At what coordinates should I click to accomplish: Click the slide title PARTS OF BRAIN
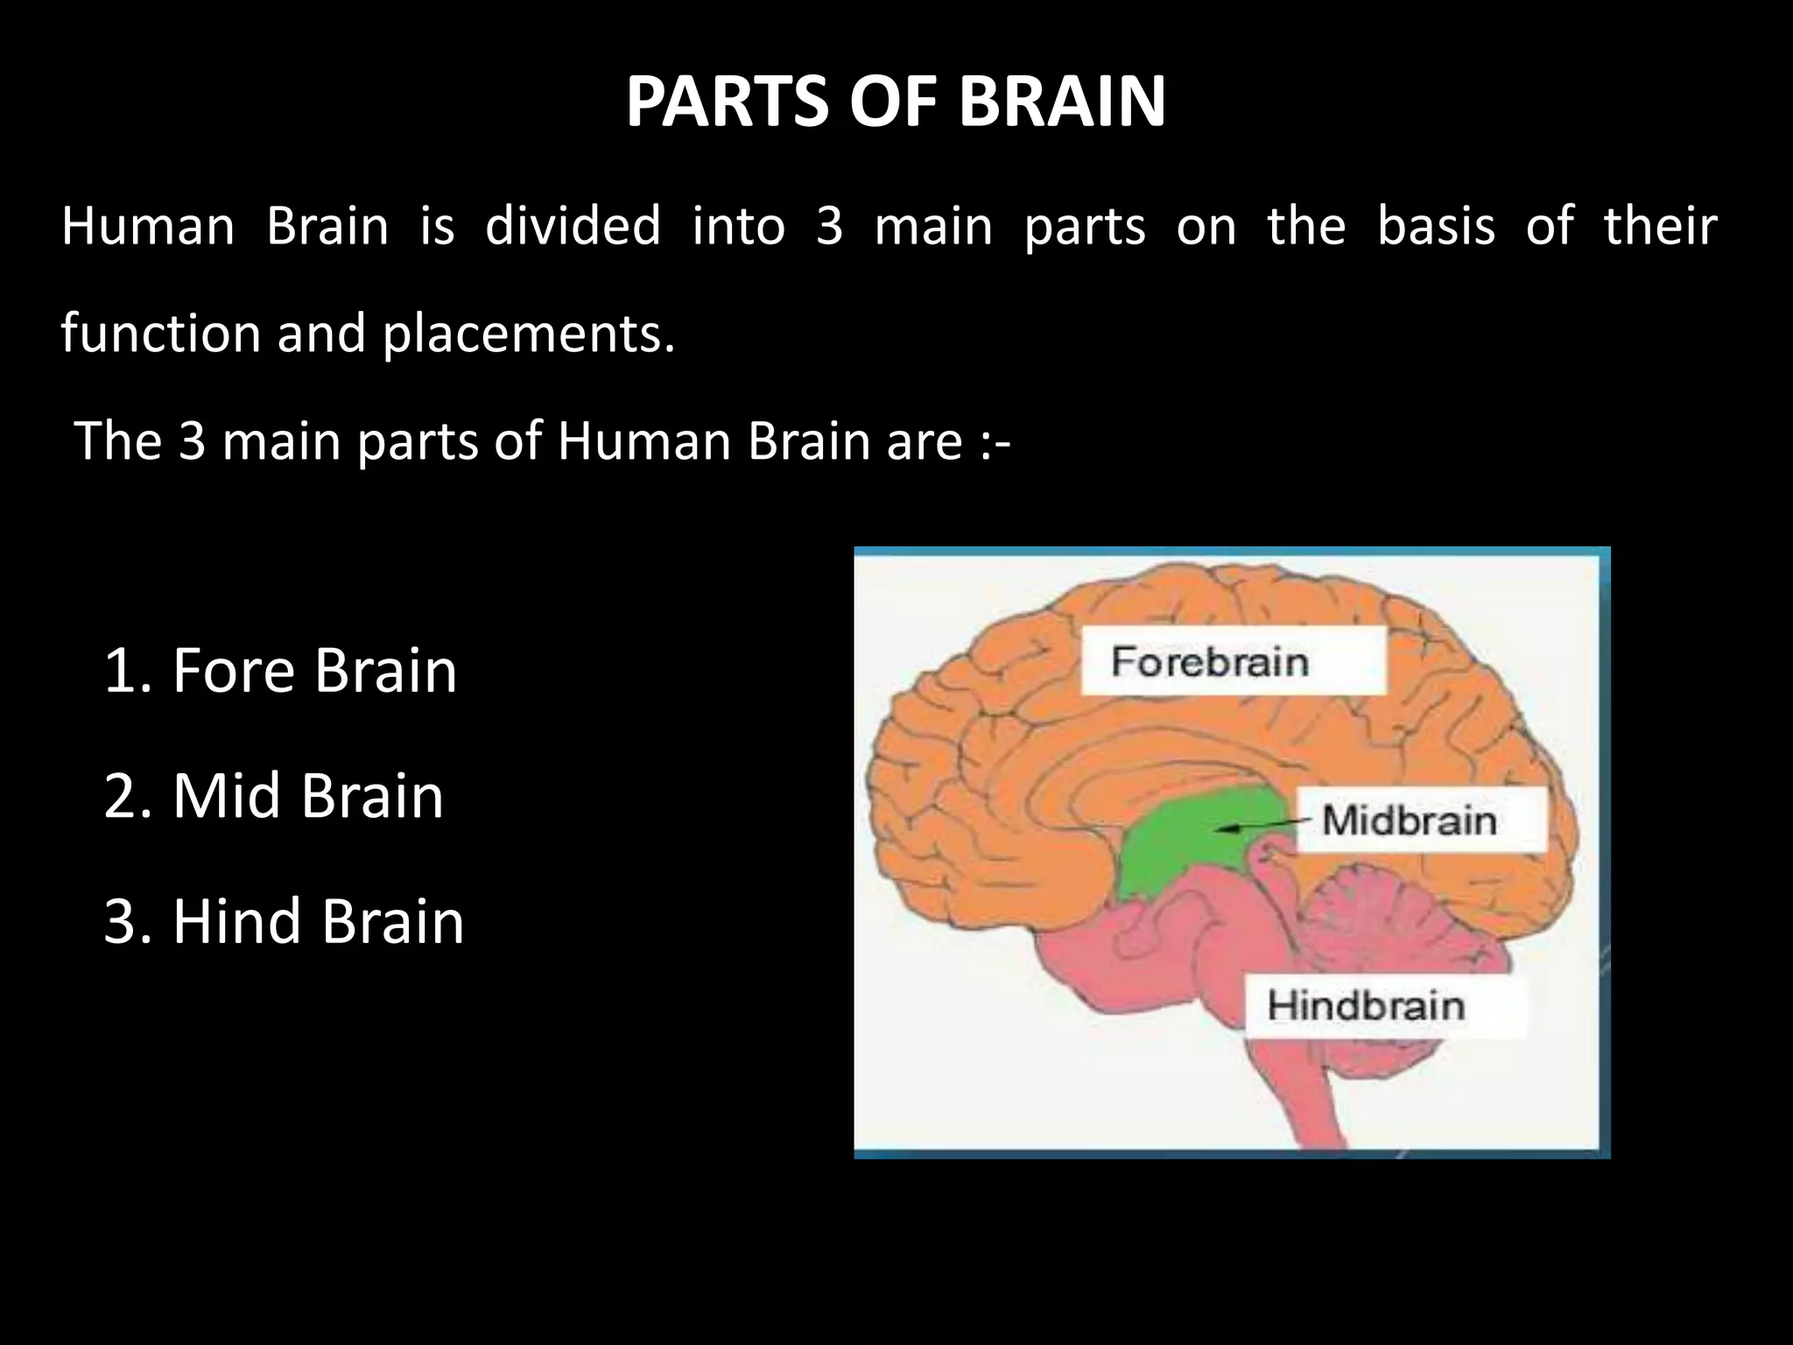coord(896,102)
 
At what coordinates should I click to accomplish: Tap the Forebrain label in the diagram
coord(1210,661)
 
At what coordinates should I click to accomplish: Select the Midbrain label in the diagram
coord(1410,820)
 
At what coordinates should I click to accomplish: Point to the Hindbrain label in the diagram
coord(1366,1005)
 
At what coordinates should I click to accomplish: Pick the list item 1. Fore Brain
coord(280,671)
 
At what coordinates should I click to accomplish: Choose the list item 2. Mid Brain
coord(273,796)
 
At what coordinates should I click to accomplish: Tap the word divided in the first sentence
coord(573,226)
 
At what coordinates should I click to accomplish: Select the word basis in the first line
coord(1436,226)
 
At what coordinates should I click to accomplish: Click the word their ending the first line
coord(1660,226)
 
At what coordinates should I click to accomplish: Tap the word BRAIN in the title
coord(1062,102)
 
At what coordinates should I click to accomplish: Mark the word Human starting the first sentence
coord(148,226)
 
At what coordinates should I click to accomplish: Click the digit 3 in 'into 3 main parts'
coord(829,226)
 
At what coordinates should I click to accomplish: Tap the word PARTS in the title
coord(726,102)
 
